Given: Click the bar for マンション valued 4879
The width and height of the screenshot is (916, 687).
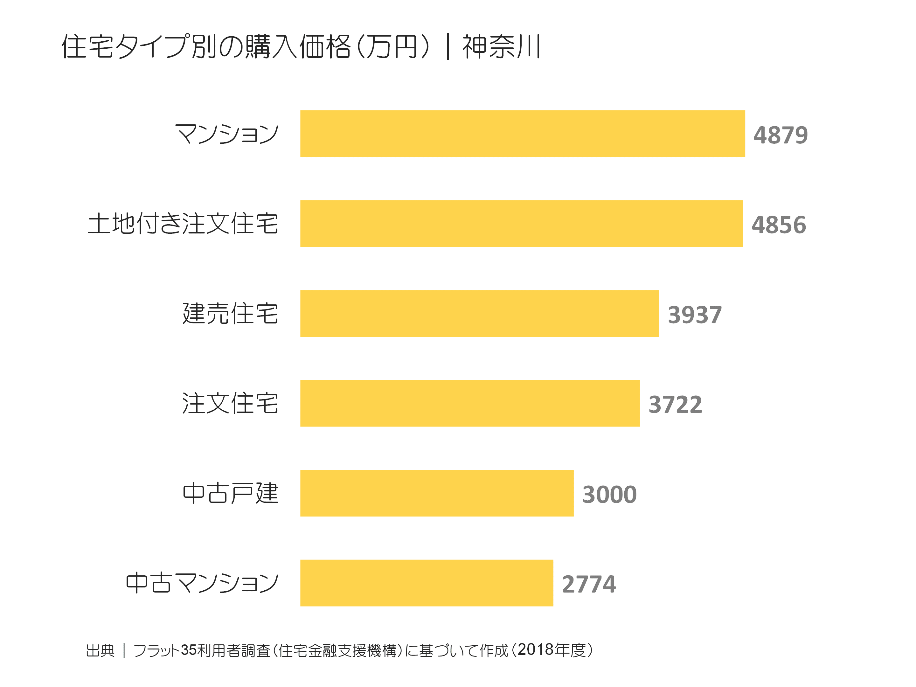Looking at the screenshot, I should pos(522,134).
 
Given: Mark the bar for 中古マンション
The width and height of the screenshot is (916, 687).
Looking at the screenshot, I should pos(427,583).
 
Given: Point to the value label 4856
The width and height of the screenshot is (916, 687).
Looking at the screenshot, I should pos(779,225).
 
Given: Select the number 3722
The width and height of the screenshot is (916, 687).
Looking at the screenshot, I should pos(675,405).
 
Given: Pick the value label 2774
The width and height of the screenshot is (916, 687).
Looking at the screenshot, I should pos(588,584).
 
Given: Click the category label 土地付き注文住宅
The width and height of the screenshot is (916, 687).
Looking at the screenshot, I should pos(183,224).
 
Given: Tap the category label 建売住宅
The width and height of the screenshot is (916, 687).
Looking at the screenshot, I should pos(230,314).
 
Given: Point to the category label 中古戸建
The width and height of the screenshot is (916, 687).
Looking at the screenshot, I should pos(230,493).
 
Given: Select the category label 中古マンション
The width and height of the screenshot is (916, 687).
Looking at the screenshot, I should pos(202,583).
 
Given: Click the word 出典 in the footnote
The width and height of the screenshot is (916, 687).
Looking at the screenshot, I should pos(100,650).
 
